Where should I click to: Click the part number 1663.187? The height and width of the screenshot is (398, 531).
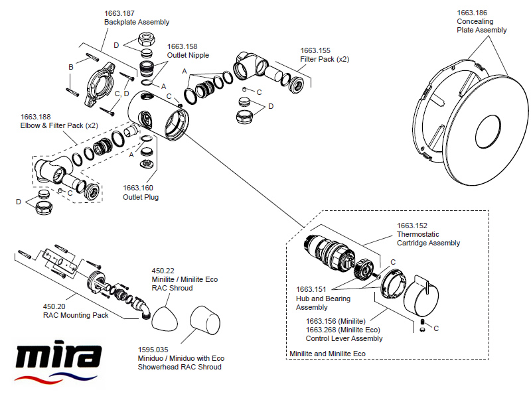click(119, 13)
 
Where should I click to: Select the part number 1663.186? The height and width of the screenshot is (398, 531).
click(471, 13)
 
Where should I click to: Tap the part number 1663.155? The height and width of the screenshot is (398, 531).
click(315, 50)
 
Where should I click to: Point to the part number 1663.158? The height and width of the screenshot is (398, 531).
click(182, 46)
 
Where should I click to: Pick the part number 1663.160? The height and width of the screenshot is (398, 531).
click(137, 188)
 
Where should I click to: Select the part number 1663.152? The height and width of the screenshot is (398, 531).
click(412, 226)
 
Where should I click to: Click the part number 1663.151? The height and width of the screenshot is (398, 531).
click(312, 289)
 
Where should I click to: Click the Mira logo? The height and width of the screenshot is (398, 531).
click(58, 362)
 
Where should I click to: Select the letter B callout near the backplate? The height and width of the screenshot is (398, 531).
click(70, 67)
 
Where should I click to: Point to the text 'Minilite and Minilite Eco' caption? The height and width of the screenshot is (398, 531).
click(327, 354)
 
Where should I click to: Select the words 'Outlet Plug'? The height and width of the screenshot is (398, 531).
click(141, 197)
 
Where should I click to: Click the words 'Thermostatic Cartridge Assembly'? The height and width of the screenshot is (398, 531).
click(428, 239)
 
